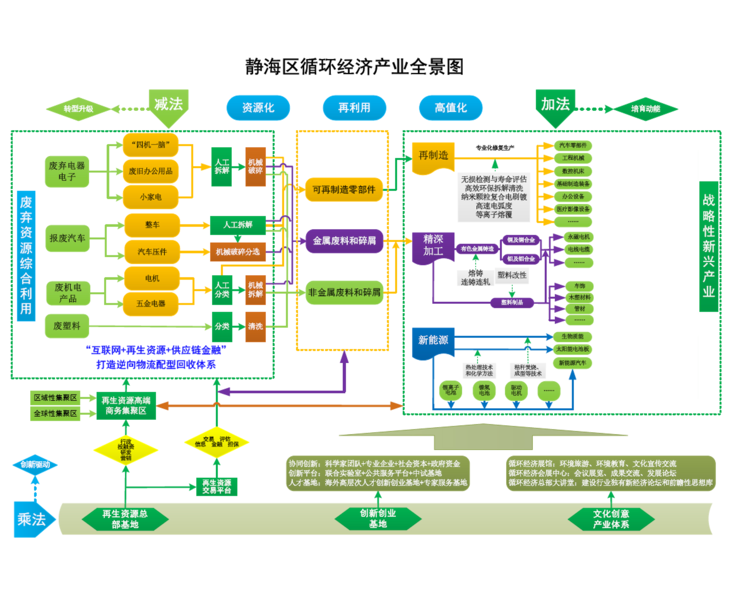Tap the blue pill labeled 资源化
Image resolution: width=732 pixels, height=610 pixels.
(258, 108)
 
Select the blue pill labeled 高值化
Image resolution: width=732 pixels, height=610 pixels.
(450, 108)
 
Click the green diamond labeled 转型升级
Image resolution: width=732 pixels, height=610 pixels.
(78, 109)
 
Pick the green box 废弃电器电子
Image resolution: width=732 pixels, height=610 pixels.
(67, 171)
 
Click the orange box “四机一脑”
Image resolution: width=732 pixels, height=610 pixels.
(151, 145)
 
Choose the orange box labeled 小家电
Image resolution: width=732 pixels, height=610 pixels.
(151, 197)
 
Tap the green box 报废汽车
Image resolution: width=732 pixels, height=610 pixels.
(67, 238)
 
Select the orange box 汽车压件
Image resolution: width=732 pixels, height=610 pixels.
(152, 252)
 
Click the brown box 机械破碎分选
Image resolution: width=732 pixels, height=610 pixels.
(238, 252)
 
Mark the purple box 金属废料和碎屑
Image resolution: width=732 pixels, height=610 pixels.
(344, 241)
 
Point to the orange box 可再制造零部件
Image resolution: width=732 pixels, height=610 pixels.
(344, 190)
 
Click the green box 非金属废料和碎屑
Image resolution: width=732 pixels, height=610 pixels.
(344, 293)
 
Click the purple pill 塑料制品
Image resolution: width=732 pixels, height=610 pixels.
(512, 303)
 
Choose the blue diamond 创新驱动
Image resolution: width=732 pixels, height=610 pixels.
(35, 464)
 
